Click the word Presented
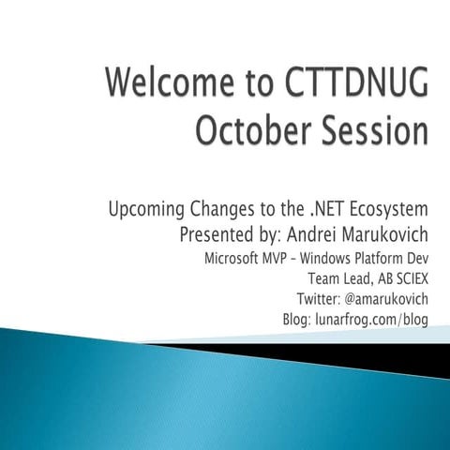tap(217, 232)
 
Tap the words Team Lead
tap(337, 277)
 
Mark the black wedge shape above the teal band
tap(375, 353)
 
